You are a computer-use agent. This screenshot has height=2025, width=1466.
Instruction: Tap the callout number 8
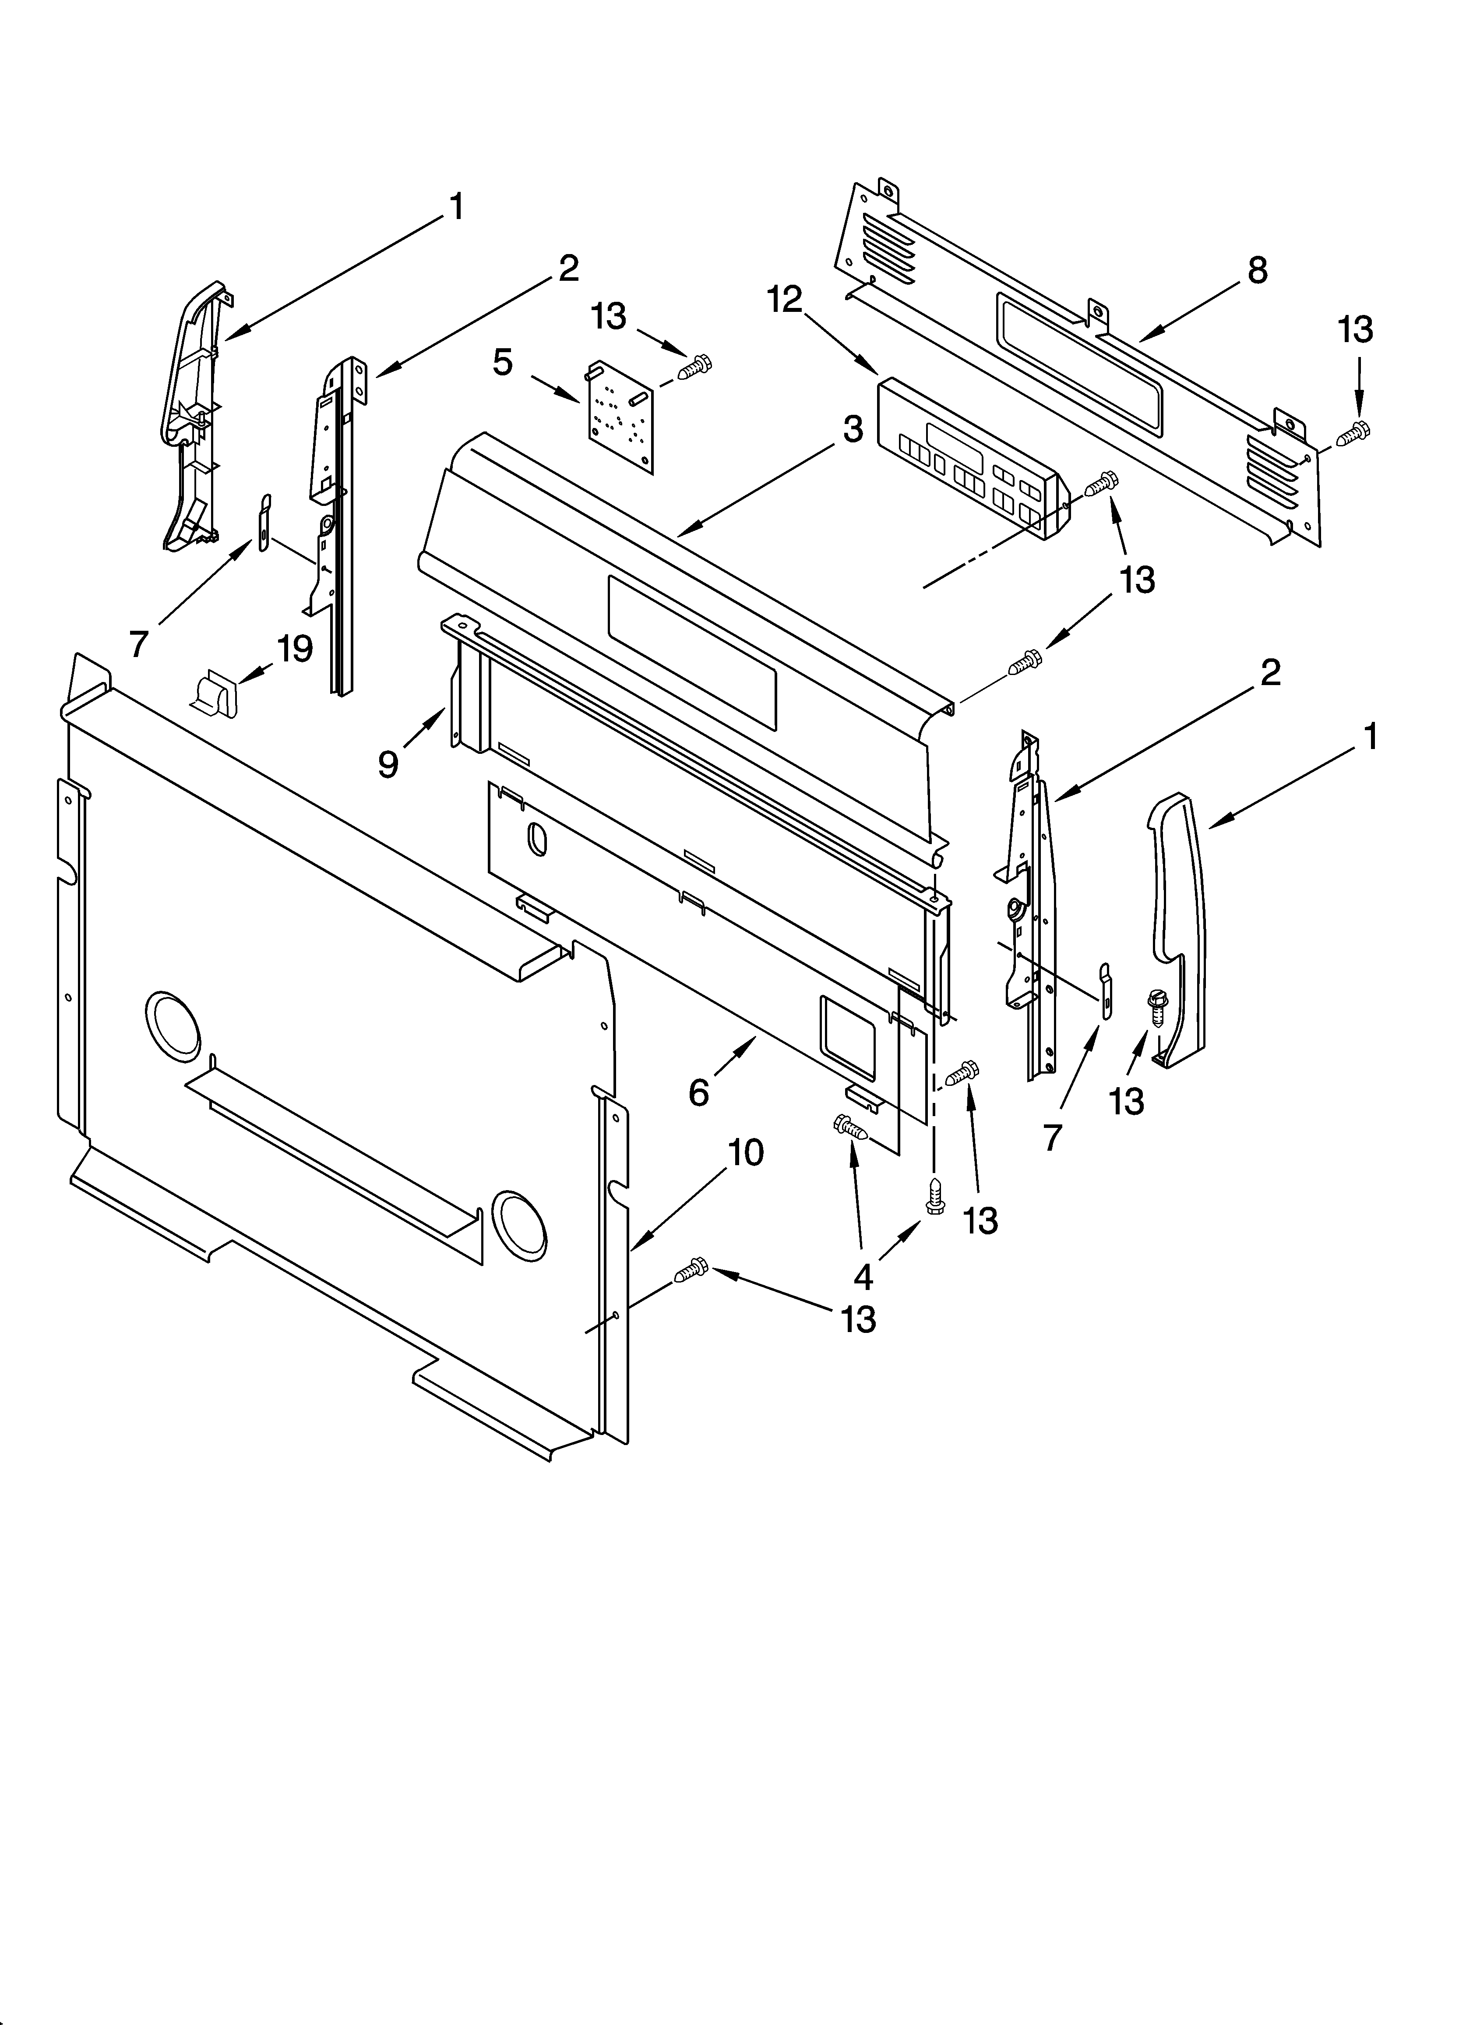1257,270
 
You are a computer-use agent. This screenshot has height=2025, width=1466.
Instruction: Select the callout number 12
785,300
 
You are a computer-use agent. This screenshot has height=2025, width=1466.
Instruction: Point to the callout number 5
503,363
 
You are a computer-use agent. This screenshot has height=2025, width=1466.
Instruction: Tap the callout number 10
746,1153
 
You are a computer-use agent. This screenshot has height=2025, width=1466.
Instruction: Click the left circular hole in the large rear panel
173,1027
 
